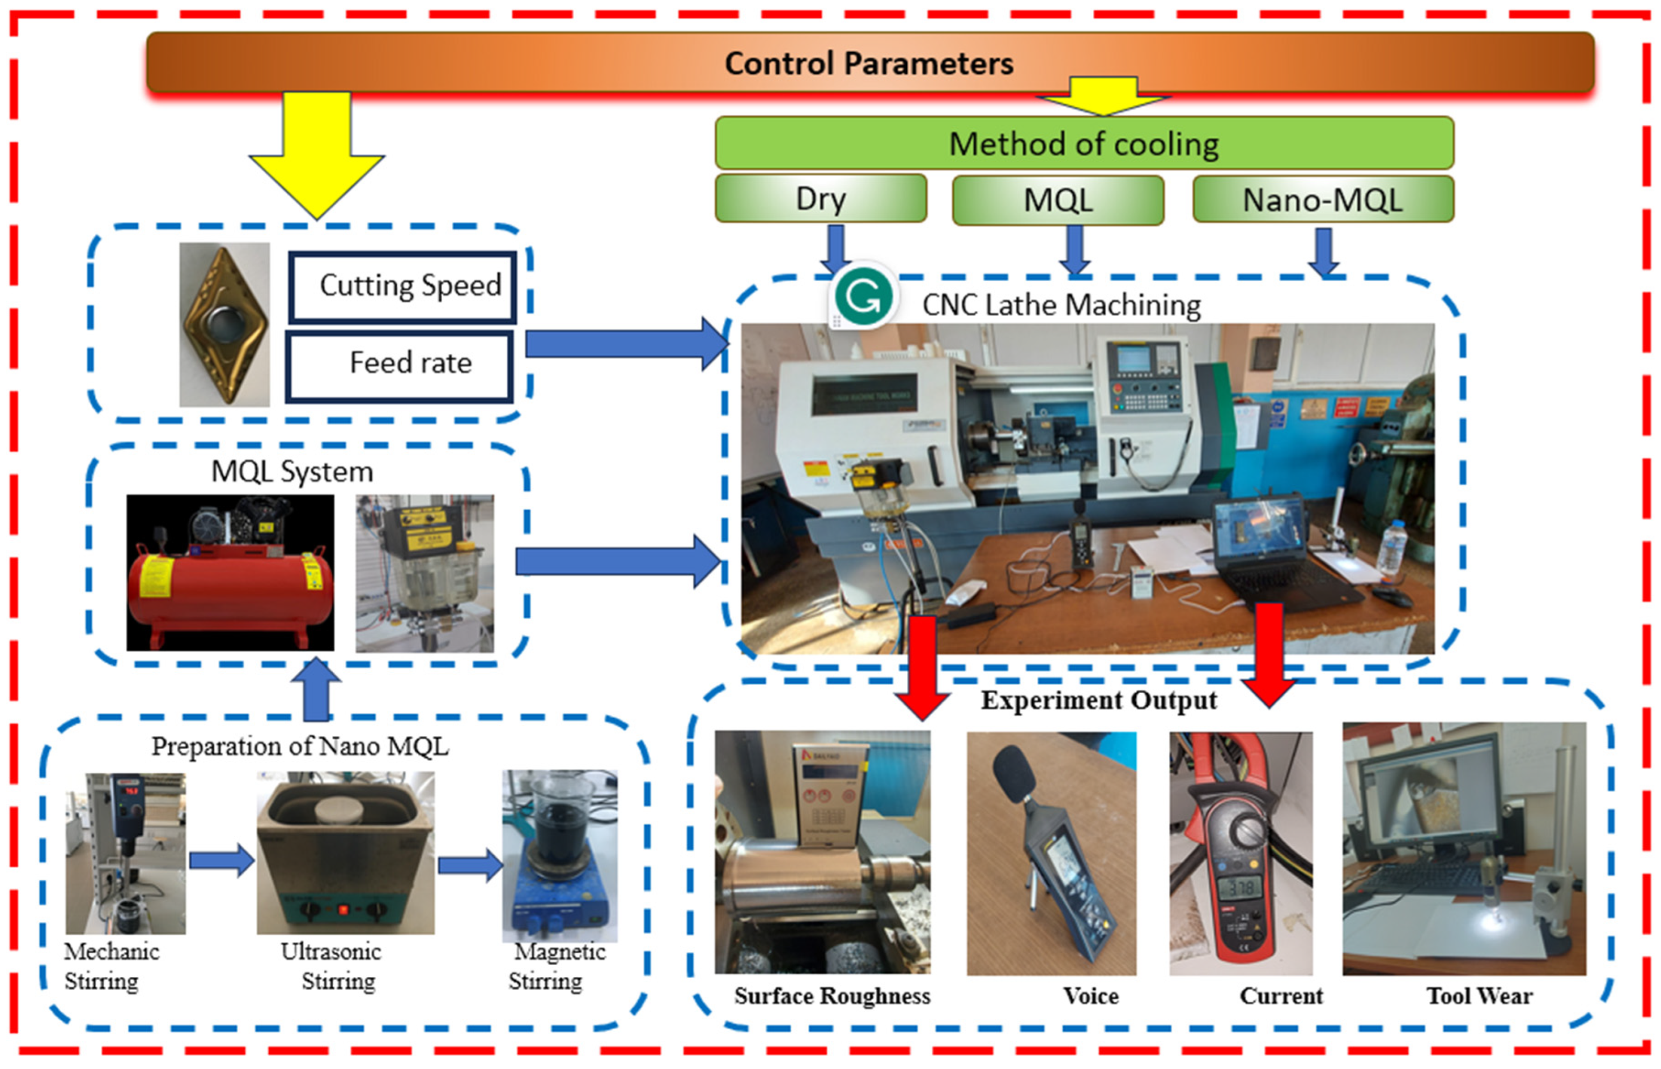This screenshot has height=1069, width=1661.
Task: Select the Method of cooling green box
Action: click(x=1084, y=144)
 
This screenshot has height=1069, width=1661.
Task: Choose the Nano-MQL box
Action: click(x=1322, y=200)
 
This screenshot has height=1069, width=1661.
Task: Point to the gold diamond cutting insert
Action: click(x=224, y=324)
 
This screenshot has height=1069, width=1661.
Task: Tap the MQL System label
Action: click(x=292, y=472)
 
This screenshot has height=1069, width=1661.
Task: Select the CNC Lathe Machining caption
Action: click(x=1062, y=305)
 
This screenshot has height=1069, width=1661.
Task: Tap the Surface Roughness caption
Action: click(x=832, y=996)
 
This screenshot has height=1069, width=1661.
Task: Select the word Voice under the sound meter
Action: click(x=1091, y=996)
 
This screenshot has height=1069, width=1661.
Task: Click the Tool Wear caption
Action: click(x=1479, y=996)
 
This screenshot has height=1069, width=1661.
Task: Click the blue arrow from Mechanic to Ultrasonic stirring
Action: click(x=221, y=861)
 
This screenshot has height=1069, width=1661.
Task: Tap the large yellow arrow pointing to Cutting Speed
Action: click(x=317, y=156)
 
